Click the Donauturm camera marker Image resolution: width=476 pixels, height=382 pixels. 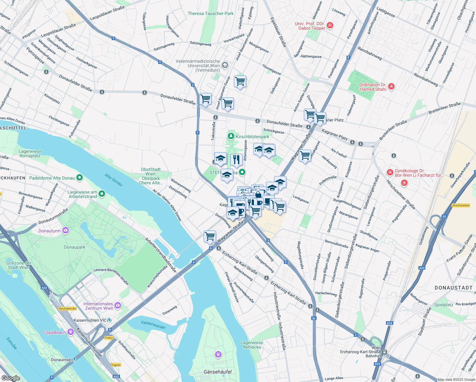(x=66, y=230)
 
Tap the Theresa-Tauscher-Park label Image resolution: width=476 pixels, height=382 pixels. (x=210, y=13)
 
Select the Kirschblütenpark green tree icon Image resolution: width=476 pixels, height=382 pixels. (x=231, y=136)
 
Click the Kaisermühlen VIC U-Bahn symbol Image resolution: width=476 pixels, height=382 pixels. (x=109, y=320)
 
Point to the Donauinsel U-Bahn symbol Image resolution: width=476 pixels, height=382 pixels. (x=74, y=360)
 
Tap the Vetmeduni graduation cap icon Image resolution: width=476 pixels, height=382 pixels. (x=225, y=66)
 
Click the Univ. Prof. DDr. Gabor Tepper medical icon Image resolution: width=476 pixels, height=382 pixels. (x=330, y=25)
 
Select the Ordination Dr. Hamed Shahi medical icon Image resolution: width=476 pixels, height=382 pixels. (x=391, y=86)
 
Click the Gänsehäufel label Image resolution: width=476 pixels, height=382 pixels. (x=218, y=372)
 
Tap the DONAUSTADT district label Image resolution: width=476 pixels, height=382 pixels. (x=453, y=288)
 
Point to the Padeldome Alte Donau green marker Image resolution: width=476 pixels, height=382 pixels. (x=80, y=178)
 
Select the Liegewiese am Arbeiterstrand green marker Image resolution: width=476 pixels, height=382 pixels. (x=102, y=193)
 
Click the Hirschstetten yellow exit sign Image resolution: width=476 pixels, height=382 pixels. (x=460, y=205)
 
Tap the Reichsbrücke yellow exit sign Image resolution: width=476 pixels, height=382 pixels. (x=67, y=308)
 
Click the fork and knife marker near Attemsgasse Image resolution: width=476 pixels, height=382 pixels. (x=236, y=159)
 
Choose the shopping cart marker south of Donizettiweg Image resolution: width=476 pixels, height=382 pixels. (x=210, y=236)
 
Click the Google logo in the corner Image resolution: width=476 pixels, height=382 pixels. (x=10, y=378)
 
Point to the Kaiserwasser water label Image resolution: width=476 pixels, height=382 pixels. (x=153, y=324)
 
